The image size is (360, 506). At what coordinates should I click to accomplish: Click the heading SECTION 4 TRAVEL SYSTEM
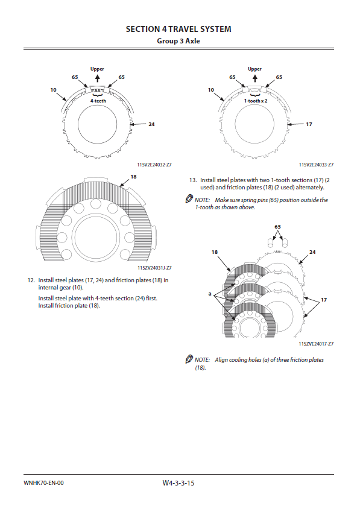[x=178, y=29]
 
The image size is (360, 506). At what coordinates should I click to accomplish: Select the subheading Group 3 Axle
[x=178, y=41]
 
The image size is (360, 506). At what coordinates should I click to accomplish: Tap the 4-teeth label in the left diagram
[x=98, y=101]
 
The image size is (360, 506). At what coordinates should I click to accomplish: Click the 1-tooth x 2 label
[x=256, y=101]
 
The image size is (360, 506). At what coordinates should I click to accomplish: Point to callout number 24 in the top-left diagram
[x=151, y=124]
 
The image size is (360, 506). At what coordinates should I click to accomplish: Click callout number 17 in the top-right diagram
[x=309, y=124]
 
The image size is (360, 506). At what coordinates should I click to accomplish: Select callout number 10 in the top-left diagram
[x=53, y=90]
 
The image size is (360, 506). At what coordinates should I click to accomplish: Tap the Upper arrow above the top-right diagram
[x=255, y=78]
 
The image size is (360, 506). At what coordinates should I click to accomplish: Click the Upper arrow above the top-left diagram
[x=98, y=78]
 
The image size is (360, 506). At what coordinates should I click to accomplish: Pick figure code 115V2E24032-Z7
[x=154, y=165]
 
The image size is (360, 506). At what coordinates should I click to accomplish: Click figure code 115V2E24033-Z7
[x=316, y=165]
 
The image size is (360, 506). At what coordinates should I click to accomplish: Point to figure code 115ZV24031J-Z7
[x=154, y=268]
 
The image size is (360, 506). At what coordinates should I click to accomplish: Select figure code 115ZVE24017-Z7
[x=316, y=344]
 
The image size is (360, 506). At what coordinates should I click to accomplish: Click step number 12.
[x=31, y=280]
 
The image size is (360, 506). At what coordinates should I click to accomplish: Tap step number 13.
[x=193, y=180]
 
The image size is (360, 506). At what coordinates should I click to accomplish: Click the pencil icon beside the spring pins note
[x=189, y=199]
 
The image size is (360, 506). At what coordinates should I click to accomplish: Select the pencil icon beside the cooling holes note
[x=189, y=359]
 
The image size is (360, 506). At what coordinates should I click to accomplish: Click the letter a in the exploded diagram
[x=210, y=294]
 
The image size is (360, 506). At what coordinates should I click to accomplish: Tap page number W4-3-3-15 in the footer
[x=178, y=483]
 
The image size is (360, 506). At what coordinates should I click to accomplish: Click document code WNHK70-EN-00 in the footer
[x=43, y=483]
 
